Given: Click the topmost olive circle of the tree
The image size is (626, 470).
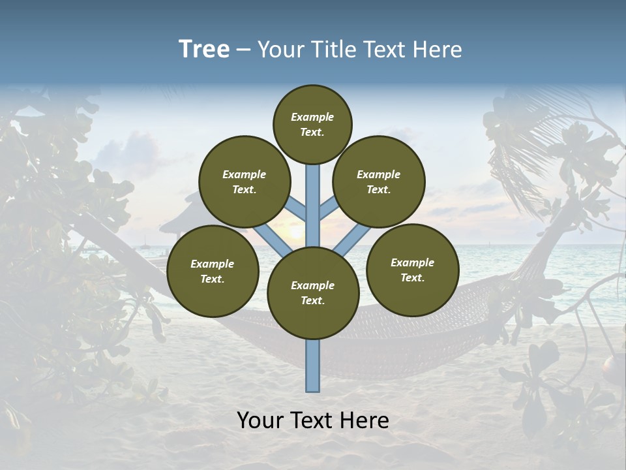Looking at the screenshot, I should click(x=312, y=124).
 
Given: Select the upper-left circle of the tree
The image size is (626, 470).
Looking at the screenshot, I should click(x=244, y=181).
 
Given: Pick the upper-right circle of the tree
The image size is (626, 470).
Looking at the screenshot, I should click(x=378, y=181).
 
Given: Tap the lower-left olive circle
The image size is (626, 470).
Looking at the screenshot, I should click(x=213, y=271).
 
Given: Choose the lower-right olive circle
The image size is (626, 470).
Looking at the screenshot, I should click(x=412, y=270).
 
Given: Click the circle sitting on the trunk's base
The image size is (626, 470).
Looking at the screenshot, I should click(x=313, y=292).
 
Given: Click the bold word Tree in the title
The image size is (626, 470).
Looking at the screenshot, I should click(x=204, y=49).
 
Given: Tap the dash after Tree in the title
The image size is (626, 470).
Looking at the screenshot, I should click(x=243, y=50).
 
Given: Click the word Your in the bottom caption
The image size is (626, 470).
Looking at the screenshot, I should click(x=260, y=420).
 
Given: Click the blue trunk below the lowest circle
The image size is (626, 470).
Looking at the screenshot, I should click(x=313, y=366).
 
